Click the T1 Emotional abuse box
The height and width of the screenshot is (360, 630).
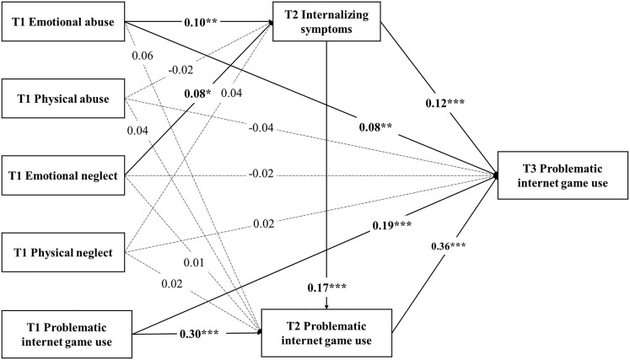coord(62,20)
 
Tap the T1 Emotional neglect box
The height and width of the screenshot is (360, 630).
coord(62,175)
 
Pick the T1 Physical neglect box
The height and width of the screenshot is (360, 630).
coord(62,250)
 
